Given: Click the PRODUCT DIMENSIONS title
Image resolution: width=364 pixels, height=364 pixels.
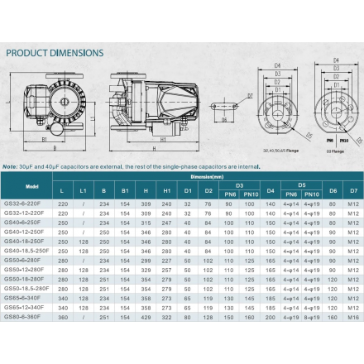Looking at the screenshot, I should pos(55,53).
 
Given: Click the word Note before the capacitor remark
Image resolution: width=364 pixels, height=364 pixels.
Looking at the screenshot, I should pos(13,165).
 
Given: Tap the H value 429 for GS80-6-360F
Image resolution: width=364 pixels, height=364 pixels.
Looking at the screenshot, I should pos(146,316).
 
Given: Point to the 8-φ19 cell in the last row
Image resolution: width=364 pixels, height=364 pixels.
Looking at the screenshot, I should pos(311,316).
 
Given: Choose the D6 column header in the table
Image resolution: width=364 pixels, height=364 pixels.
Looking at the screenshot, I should pos(333,191).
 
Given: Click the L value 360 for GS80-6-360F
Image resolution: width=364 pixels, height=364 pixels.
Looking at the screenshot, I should pos(63,316).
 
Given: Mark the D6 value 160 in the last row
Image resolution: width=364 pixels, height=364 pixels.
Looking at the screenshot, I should pos(333,316).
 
